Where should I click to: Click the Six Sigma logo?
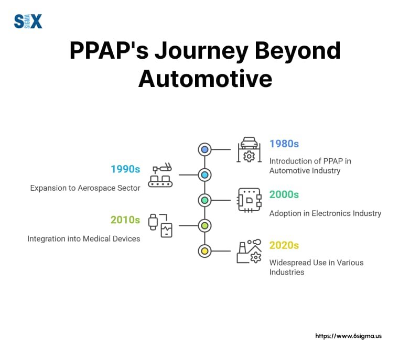pyautogui.click(x=28, y=21)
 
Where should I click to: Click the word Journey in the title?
pyautogui.click(x=201, y=51)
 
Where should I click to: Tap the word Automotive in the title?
pyautogui.click(x=205, y=79)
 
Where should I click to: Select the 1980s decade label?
pyautogui.click(x=284, y=144)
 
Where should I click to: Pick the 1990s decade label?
pyautogui.click(x=125, y=169)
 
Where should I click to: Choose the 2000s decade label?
pyautogui.click(x=284, y=194)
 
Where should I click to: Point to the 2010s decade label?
pyautogui.click(x=125, y=220)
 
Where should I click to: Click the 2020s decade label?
pyautogui.click(x=284, y=245)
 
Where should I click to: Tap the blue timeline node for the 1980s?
pyautogui.click(x=205, y=150)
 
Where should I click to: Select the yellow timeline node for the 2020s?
pyautogui.click(x=205, y=251)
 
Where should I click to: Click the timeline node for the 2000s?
pyautogui.click(x=205, y=200)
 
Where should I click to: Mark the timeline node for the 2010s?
pyautogui.click(x=205, y=226)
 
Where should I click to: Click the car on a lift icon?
pyautogui.click(x=249, y=150)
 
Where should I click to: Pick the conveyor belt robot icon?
pyautogui.click(x=160, y=175)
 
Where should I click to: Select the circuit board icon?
pyautogui.click(x=250, y=200)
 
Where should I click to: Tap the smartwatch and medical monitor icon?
pyautogui.click(x=160, y=226)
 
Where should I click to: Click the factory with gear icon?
pyautogui.click(x=249, y=251)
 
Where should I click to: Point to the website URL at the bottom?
pyautogui.click(x=348, y=336)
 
